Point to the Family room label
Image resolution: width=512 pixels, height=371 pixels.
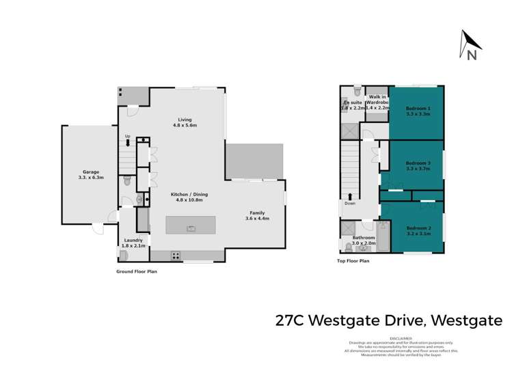pos(258,216)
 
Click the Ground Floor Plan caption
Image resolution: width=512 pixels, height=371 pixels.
pos(137,271)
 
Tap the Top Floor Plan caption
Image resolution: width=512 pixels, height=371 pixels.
pos(353,260)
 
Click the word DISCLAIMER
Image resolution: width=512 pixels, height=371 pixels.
pos(401,338)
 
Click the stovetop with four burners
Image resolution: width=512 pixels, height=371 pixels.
pos(175,256)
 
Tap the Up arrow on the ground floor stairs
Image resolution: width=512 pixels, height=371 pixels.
pos(128,141)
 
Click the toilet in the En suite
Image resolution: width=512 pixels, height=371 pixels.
pos(357,92)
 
